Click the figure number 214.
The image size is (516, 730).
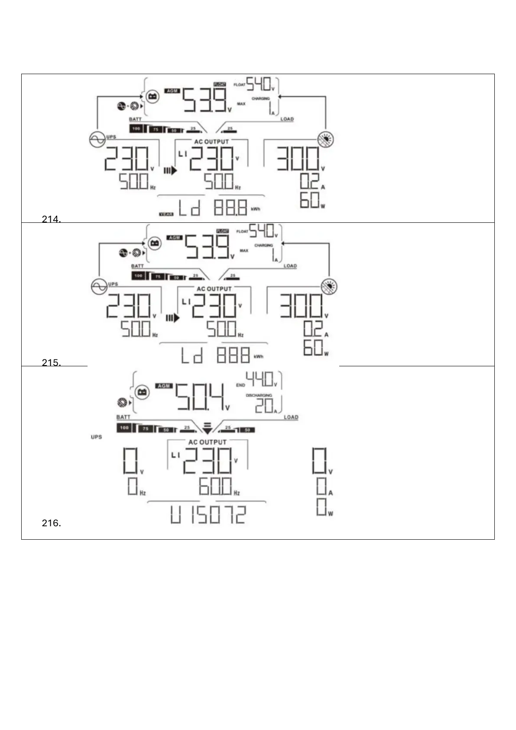[51, 219]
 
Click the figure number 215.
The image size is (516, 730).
[51, 363]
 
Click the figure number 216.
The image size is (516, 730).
[51, 523]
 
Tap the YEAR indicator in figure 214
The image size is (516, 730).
[166, 214]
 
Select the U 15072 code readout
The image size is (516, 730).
[208, 515]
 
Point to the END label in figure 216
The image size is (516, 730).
[240, 385]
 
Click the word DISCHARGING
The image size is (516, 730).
[259, 395]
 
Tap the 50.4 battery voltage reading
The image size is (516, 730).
[200, 397]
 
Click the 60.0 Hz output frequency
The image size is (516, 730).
[216, 486]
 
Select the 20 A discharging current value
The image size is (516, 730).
[264, 406]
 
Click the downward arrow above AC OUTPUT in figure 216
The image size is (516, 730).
[208, 428]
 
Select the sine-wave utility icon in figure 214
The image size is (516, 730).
[97, 139]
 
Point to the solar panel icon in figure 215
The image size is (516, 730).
[329, 287]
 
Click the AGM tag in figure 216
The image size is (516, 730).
[164, 386]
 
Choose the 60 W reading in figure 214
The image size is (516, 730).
[310, 200]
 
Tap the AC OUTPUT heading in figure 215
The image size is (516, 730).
[214, 289]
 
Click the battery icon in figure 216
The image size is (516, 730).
[142, 392]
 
